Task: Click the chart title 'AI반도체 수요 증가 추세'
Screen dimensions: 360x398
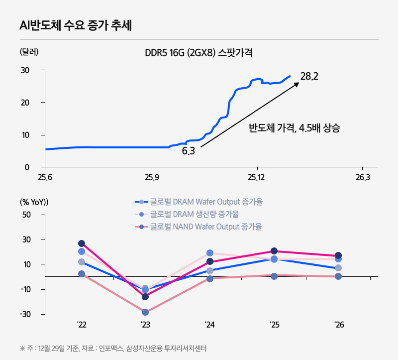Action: point(75,25)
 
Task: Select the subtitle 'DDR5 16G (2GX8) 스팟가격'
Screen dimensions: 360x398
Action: point(199,53)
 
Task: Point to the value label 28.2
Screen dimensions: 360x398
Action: point(309,76)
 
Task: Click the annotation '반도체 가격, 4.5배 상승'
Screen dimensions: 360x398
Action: point(295,128)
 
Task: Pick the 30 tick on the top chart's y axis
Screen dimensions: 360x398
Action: point(25,70)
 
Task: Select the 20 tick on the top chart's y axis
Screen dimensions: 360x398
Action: point(25,103)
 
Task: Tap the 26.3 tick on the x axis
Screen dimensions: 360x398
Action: point(363,178)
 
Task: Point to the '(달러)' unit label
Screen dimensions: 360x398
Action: point(29,52)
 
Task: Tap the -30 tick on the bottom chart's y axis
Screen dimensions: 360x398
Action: point(25,314)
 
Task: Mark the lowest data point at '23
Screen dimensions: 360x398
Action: point(145,312)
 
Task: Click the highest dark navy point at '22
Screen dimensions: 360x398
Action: point(82,243)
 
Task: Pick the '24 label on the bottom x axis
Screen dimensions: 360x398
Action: point(209,325)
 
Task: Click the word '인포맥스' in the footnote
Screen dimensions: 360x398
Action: point(111,348)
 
